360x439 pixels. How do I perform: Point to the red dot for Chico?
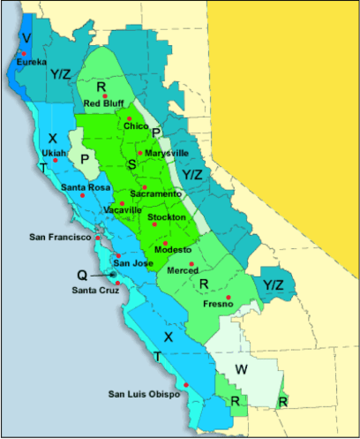129,118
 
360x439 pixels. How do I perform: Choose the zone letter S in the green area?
132,163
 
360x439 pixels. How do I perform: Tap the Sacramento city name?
155,193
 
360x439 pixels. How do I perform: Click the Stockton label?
167,216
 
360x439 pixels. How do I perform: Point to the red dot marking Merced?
191,263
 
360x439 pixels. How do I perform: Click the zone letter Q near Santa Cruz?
80,275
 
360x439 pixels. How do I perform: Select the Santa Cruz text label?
97,291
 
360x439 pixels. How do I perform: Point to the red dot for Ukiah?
55,160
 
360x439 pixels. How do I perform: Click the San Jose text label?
133,263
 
